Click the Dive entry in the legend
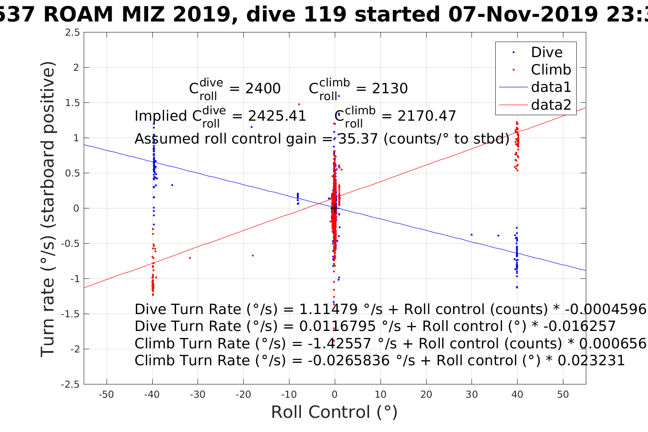546,52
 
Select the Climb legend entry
551,69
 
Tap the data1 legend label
551,87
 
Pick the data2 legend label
551,105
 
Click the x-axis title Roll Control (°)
334,412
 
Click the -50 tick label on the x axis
106,395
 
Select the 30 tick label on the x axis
471,395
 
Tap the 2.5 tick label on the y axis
72,32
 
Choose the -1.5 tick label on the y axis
70,314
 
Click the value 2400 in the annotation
263,88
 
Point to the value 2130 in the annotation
390,88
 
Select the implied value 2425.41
277,116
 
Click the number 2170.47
427,116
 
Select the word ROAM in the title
78,15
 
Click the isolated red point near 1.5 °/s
299,104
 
